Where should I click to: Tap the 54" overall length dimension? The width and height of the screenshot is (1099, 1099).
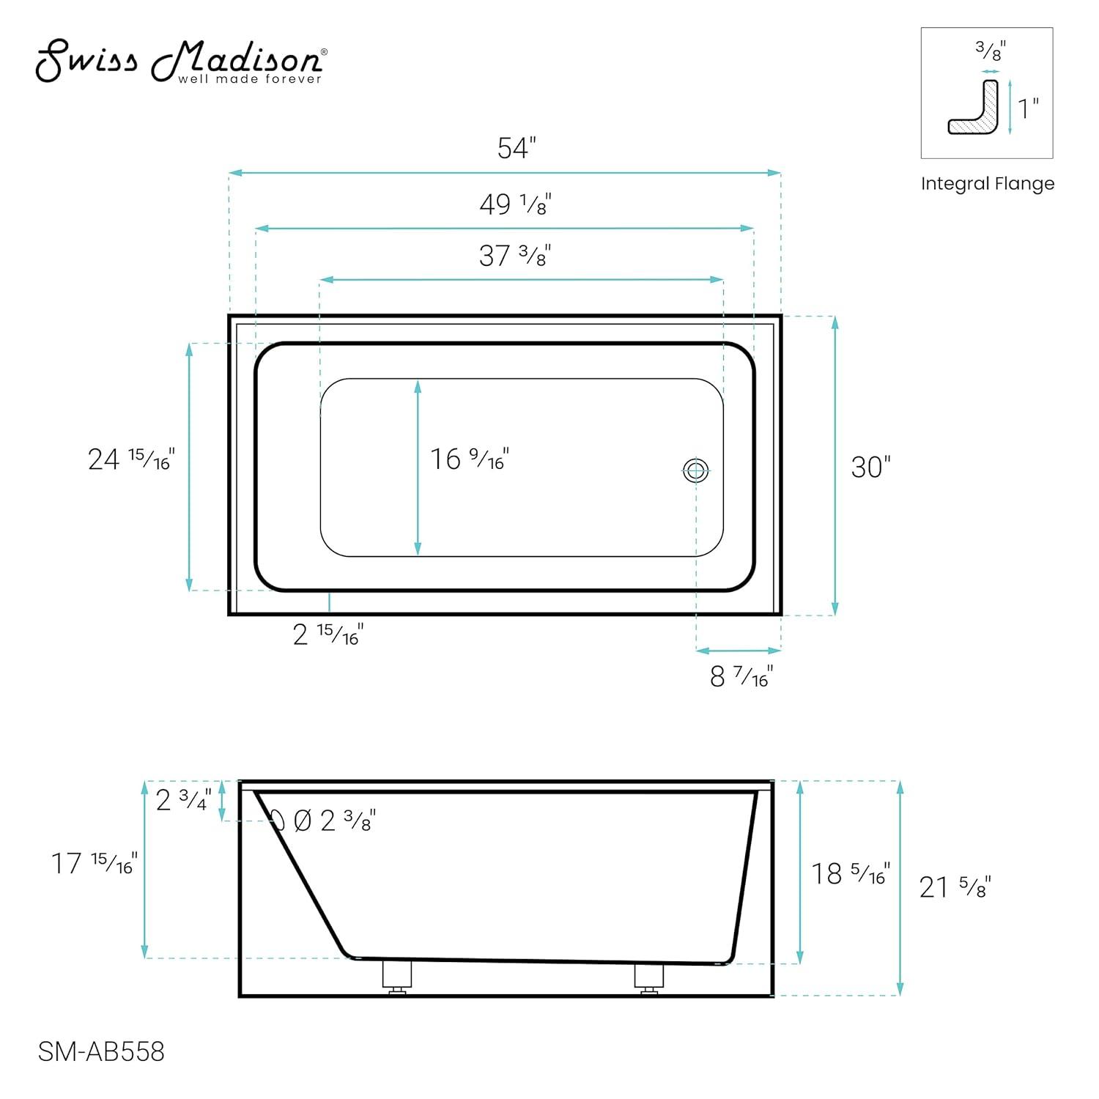(517, 149)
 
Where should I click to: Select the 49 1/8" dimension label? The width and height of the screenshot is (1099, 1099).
(515, 204)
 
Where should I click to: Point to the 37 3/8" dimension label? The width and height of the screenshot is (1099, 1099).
(514, 256)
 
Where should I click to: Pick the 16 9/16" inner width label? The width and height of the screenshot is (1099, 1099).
(469, 459)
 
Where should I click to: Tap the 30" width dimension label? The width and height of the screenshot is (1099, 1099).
(870, 467)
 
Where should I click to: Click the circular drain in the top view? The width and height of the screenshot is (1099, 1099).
(695, 470)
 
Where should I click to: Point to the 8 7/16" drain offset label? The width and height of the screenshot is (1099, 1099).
(741, 676)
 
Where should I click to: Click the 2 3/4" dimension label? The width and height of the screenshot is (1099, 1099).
(183, 799)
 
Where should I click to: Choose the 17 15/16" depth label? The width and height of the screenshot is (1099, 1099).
(94, 863)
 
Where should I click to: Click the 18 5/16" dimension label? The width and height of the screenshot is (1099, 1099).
(850, 873)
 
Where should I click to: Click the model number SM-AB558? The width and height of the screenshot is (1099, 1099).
(101, 1052)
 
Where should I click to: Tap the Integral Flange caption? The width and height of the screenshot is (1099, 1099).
(987, 184)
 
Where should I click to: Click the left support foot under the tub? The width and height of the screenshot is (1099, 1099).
(396, 977)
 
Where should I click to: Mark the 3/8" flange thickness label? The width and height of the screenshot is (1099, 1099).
(990, 51)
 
